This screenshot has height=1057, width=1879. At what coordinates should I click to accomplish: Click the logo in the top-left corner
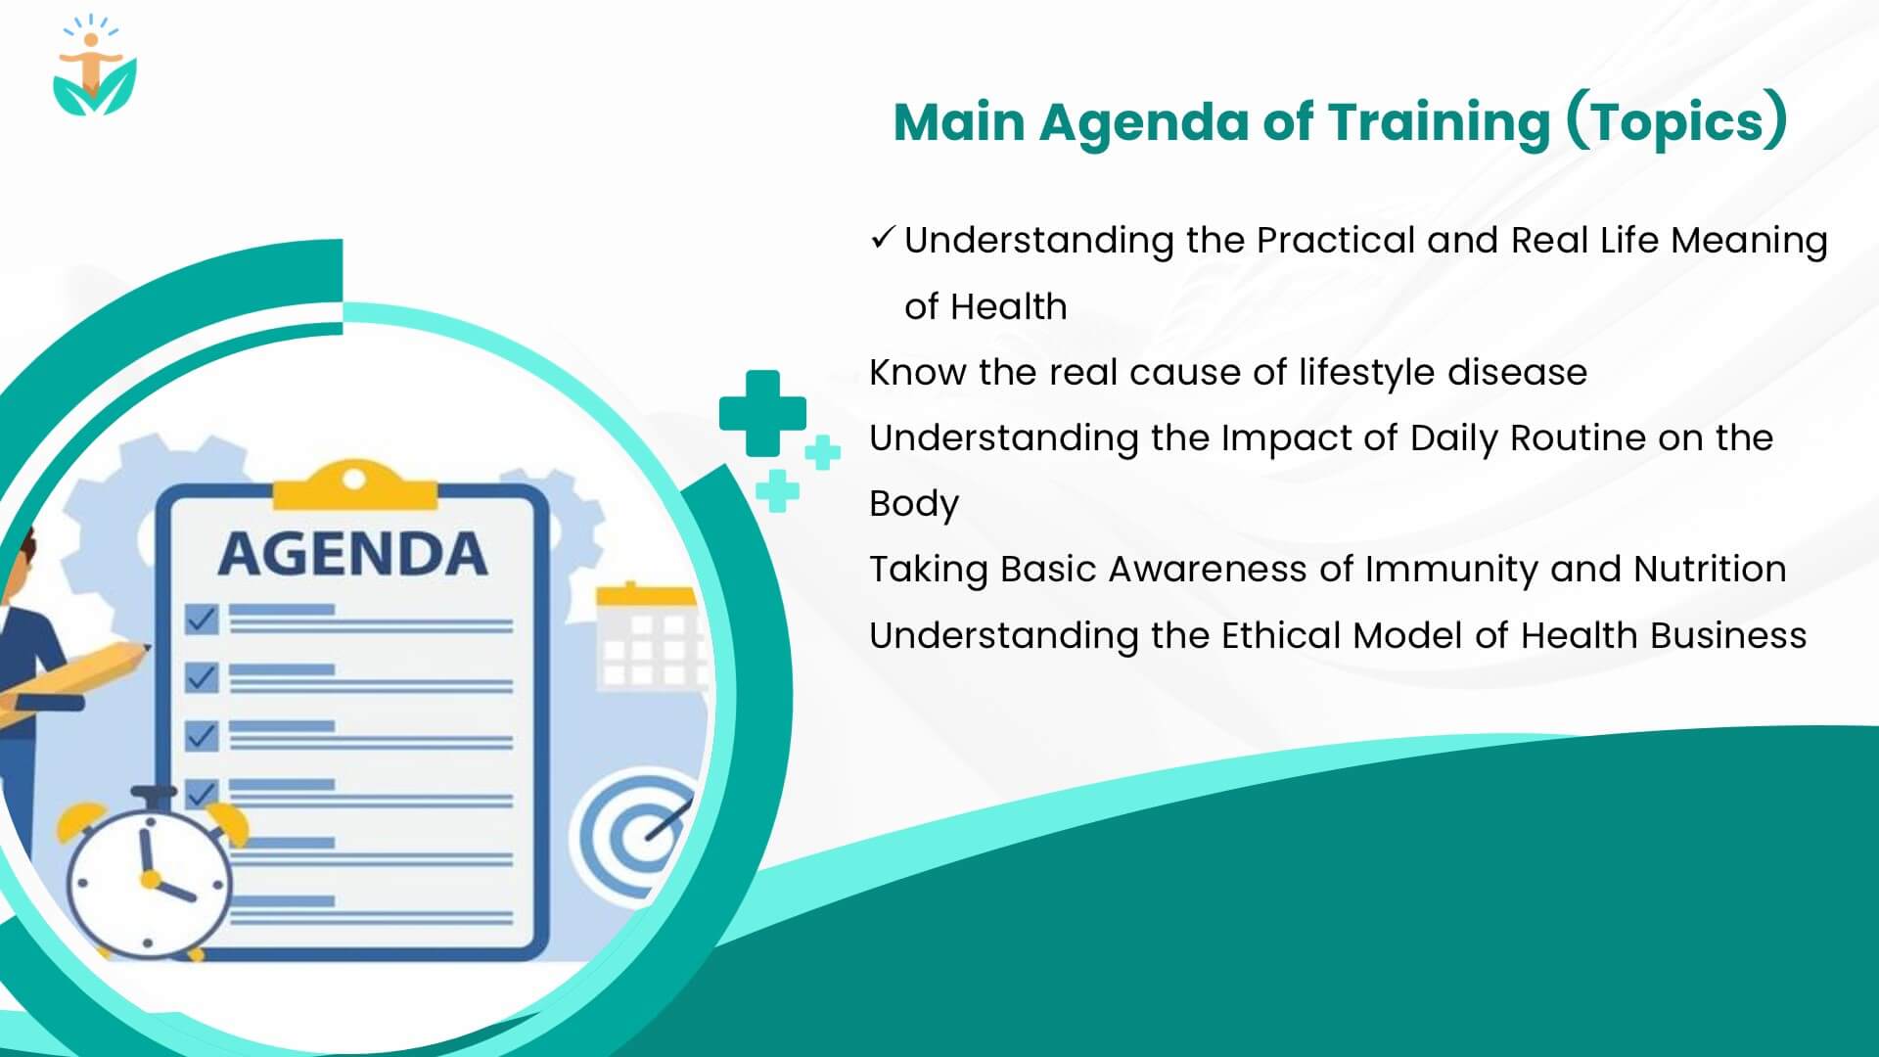pyautogui.click(x=94, y=67)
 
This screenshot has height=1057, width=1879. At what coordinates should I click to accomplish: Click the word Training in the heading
pyautogui.click(x=1439, y=123)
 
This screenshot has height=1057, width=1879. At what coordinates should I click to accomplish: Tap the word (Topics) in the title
pyautogui.click(x=1676, y=123)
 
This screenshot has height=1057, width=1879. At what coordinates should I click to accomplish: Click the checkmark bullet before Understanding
pyautogui.click(x=882, y=238)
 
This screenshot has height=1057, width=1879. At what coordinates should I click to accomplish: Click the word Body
pyautogui.click(x=913, y=504)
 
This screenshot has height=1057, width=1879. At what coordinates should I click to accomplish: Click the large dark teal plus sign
pyautogui.click(x=762, y=413)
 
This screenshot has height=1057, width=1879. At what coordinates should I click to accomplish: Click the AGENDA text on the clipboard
pyautogui.click(x=352, y=555)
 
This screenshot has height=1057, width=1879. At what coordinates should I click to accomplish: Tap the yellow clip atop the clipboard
pyautogui.click(x=354, y=485)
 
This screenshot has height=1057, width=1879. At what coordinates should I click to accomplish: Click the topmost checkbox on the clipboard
pyautogui.click(x=202, y=620)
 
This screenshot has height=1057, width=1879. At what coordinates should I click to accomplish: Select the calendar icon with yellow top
pyautogui.click(x=648, y=636)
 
